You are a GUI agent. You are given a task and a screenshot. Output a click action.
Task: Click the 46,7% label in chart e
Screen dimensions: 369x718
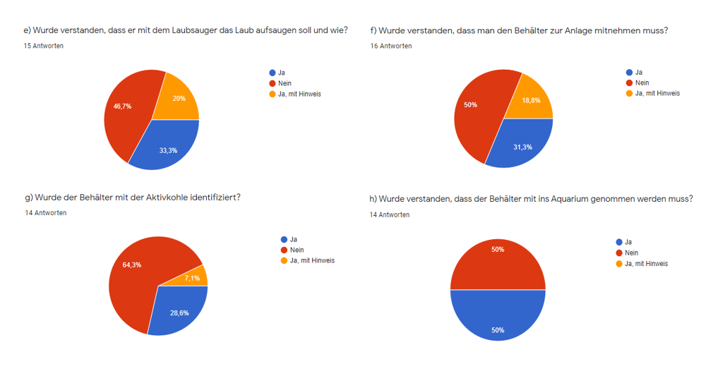tap(123, 106)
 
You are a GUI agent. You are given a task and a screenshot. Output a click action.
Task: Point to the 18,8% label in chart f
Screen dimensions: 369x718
tap(532, 100)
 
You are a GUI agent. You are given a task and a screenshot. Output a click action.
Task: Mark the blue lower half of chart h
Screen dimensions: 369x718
tap(498, 317)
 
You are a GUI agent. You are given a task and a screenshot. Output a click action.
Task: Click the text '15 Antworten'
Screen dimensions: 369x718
tap(44, 46)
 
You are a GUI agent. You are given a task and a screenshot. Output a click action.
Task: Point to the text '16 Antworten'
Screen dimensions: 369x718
tap(391, 46)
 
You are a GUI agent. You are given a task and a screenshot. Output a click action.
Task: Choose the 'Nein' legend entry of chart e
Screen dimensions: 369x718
tap(285, 83)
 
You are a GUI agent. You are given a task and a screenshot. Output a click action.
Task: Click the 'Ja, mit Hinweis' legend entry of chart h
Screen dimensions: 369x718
tap(646, 263)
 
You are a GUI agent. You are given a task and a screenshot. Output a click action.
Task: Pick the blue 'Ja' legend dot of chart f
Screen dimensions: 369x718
tap(628, 72)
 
